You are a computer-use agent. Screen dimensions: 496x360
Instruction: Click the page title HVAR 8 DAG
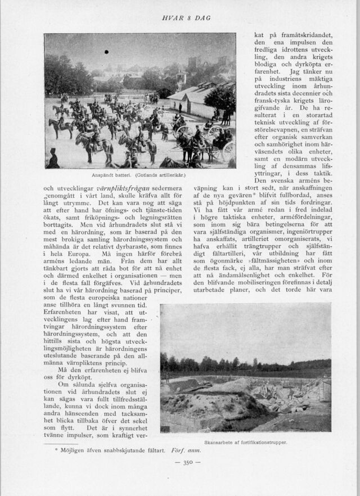coord(186,18)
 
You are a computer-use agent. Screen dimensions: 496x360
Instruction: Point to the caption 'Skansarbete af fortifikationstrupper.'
coord(246,442)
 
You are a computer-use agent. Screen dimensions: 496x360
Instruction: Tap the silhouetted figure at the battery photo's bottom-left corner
coord(53,160)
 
